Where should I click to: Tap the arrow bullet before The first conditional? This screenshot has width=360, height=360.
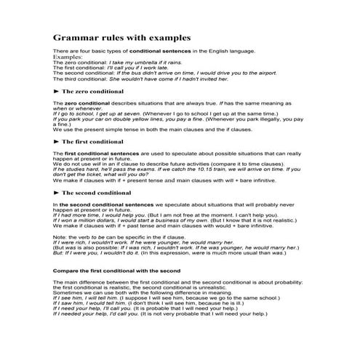[x=57, y=141]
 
